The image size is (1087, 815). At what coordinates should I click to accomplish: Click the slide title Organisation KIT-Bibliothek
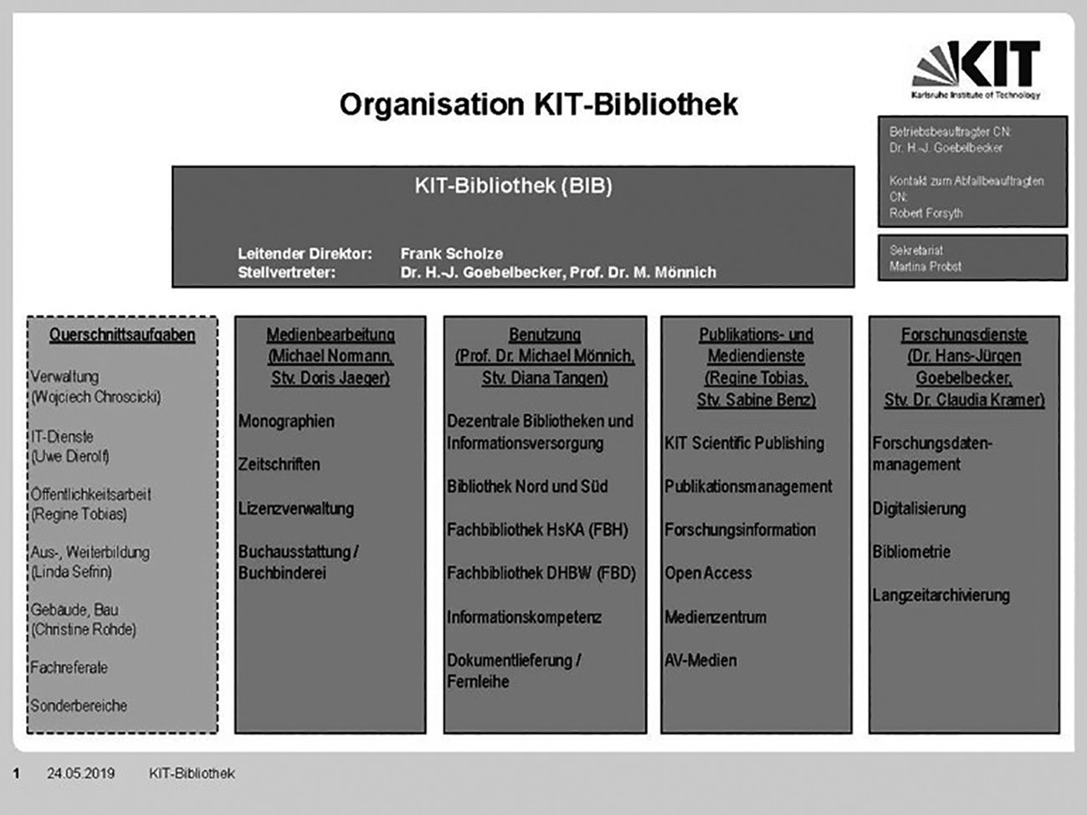pyautogui.click(x=538, y=105)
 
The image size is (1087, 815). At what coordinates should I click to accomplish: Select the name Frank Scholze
pyautogui.click(x=451, y=254)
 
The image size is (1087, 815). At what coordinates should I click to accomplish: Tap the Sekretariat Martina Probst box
pyautogui.click(x=972, y=258)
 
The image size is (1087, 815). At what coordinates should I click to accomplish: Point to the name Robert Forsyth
pyautogui.click(x=925, y=213)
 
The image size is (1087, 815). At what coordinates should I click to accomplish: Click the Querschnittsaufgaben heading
pyautogui.click(x=122, y=336)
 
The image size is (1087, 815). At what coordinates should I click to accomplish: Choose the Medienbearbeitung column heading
pyautogui.click(x=331, y=335)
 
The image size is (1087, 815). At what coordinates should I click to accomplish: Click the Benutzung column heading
pyautogui.click(x=545, y=335)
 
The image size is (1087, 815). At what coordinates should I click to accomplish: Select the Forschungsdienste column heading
pyautogui.click(x=964, y=335)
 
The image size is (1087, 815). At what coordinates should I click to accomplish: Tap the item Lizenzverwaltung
pyautogui.click(x=296, y=509)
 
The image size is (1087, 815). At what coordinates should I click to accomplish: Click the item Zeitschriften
pyautogui.click(x=279, y=464)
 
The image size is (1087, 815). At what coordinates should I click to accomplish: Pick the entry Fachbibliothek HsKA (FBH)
pyautogui.click(x=537, y=530)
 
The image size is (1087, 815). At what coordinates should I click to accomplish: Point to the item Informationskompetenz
pyautogui.click(x=524, y=618)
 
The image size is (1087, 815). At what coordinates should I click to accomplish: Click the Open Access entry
pyautogui.click(x=708, y=573)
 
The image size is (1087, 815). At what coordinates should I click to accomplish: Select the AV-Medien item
pyautogui.click(x=700, y=660)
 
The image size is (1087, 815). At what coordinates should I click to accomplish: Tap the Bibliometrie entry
pyautogui.click(x=911, y=552)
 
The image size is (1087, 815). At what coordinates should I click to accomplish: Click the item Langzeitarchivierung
pyautogui.click(x=941, y=596)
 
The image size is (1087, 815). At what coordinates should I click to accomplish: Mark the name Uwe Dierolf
pyautogui.click(x=70, y=457)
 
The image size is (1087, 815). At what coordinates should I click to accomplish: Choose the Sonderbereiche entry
pyautogui.click(x=79, y=705)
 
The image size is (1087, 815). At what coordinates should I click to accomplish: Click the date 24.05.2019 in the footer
pyautogui.click(x=81, y=773)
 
